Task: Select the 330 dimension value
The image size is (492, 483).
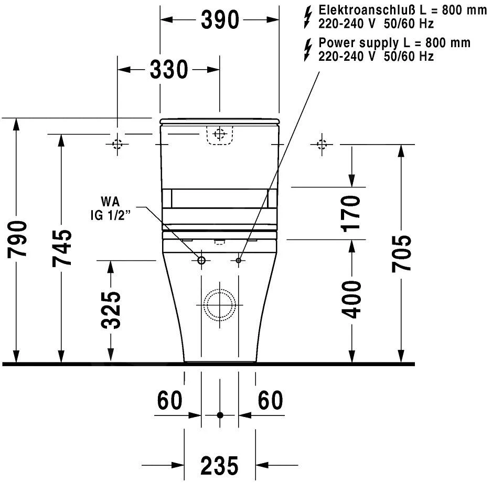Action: point(169,70)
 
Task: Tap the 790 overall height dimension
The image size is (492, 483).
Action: point(17,239)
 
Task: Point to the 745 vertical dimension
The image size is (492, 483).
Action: point(62,247)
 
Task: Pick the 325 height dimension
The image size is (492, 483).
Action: point(111,310)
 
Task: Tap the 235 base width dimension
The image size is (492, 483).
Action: point(219,465)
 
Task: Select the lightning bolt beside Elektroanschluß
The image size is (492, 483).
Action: point(308,17)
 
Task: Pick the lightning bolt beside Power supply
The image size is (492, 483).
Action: point(308,49)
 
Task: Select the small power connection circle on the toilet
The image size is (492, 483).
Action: point(239,260)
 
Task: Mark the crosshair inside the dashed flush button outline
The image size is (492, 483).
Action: point(219,134)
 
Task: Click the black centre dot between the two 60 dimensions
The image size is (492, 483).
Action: point(220,415)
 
